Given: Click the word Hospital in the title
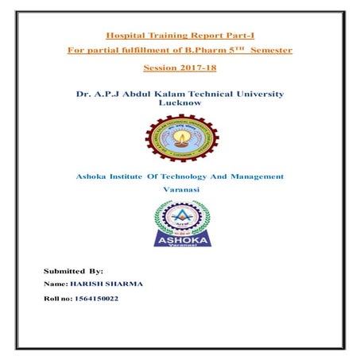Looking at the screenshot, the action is click(x=127, y=35).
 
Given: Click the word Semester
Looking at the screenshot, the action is click(x=270, y=51).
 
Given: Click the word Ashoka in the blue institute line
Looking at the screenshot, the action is click(x=95, y=176).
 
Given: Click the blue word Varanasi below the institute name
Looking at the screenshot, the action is click(x=180, y=191).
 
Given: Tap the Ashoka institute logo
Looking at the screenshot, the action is click(x=180, y=226).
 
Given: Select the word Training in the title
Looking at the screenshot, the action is click(x=166, y=35).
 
